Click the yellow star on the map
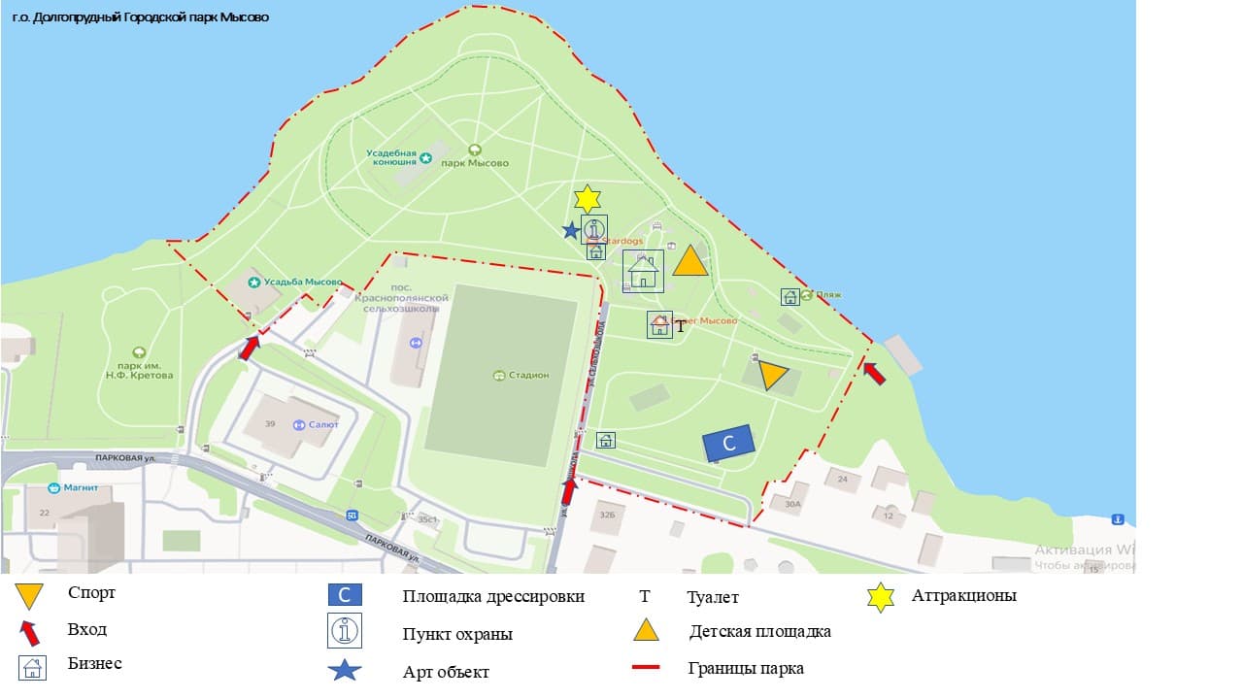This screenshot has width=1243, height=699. (x=587, y=199)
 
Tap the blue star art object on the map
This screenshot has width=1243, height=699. (x=571, y=230)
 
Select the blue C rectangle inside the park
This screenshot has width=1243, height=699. (x=729, y=443)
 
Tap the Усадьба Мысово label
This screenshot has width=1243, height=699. (x=305, y=282)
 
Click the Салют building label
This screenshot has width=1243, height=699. (x=321, y=425)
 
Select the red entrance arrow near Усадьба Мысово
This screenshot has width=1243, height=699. (x=250, y=348)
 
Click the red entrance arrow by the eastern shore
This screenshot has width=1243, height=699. (x=875, y=373)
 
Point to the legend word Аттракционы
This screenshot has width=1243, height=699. (x=963, y=596)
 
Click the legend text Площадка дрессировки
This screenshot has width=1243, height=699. (x=493, y=597)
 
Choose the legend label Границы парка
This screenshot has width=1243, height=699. (x=746, y=668)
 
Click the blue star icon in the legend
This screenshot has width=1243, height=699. (x=346, y=670)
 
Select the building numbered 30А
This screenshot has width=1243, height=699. (x=792, y=504)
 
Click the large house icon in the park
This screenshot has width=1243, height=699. (x=643, y=271)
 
